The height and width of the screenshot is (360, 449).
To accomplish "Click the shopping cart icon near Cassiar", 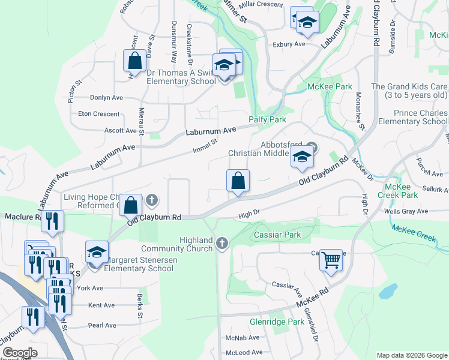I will coord(330,260).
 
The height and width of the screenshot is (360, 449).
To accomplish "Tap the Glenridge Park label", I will coord(277,322).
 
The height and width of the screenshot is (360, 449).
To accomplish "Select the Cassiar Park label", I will coord(277,235).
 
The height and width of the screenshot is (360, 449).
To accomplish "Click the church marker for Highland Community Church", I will coord(222,243).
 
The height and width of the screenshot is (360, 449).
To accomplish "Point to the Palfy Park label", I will coord(268,119).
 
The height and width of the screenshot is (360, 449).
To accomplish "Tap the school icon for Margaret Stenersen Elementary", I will coord(96,252).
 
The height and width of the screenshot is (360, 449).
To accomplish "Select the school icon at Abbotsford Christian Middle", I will coord(302,158).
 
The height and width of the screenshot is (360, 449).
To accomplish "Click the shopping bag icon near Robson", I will coord(134,61).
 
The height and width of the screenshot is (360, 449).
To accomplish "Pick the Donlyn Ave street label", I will coord(106,97).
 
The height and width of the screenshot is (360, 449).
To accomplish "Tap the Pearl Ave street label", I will coord(102,325).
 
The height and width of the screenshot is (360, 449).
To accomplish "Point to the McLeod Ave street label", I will coord(244,352).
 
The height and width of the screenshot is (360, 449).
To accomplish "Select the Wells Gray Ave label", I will coord(406,211).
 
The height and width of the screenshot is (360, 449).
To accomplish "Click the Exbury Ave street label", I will coord(289,44).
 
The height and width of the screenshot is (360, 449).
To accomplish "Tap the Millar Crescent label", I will coord(261,4).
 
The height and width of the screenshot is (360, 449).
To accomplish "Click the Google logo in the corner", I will coord(20,352).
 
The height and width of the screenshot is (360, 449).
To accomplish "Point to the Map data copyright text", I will coord(411,355).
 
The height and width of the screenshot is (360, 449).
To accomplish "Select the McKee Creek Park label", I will coord(397,191).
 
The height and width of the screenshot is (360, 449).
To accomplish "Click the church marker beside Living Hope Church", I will coord(152,200).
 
